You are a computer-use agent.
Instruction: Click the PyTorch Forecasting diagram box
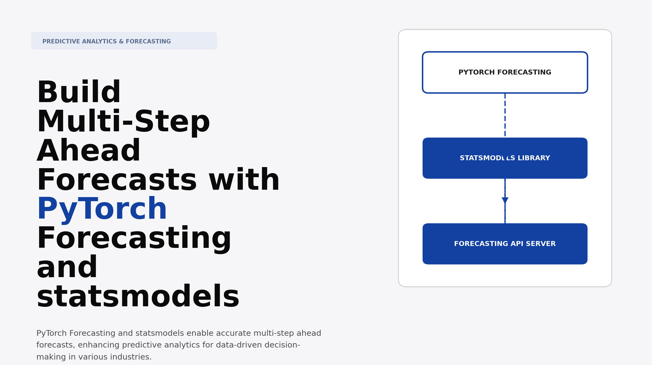(x=505, y=72)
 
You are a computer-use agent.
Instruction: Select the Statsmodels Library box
(x=505, y=158)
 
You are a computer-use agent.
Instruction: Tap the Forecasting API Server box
(x=505, y=244)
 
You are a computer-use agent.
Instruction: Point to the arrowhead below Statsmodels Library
(x=505, y=200)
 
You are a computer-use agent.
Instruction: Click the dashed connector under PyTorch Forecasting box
(x=505, y=115)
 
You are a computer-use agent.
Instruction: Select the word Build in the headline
(x=79, y=93)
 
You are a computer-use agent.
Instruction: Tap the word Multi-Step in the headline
(x=123, y=122)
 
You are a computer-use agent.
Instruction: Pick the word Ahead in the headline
(x=89, y=151)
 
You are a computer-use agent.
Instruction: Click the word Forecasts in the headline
(x=117, y=180)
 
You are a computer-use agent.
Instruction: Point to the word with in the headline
(x=244, y=180)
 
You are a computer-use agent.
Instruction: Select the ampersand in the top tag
(x=121, y=41)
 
